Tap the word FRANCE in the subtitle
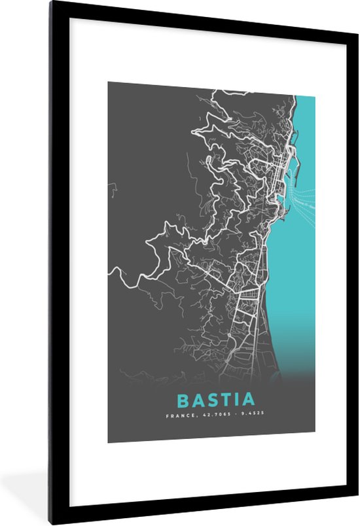178,415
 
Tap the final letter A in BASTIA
249,399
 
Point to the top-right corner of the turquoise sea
314,97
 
